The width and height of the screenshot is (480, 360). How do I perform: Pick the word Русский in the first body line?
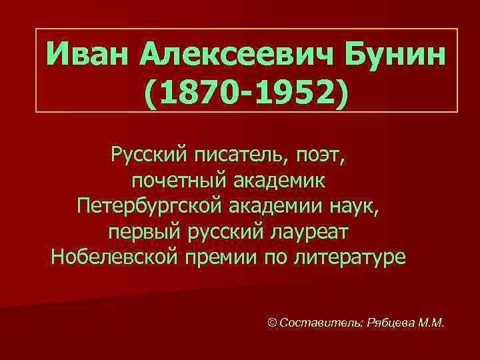(x=148, y=156)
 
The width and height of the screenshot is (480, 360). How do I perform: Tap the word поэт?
(x=321, y=156)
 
